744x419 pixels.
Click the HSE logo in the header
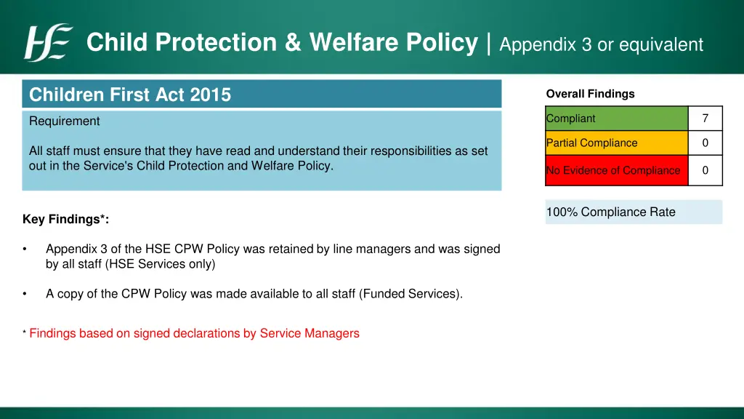coord(49,43)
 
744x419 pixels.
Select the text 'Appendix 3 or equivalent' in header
coord(601,45)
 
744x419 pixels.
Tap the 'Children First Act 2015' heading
coord(130,95)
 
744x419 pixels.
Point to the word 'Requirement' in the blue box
coord(65,121)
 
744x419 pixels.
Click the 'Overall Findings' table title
coord(590,94)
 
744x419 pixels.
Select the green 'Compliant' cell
coord(616,119)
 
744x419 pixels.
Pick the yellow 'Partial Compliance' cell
coord(616,143)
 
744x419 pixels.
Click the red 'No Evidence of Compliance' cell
coord(616,170)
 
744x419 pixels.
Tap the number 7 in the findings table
coord(705,119)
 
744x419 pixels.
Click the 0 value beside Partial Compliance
coord(705,143)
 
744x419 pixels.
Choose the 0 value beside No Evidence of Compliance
coord(705,170)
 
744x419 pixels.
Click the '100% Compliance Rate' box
coord(633,212)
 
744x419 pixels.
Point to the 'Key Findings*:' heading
coord(66,219)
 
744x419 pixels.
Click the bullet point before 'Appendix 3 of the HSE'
coord(25,250)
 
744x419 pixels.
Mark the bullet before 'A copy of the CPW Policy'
coord(25,295)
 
